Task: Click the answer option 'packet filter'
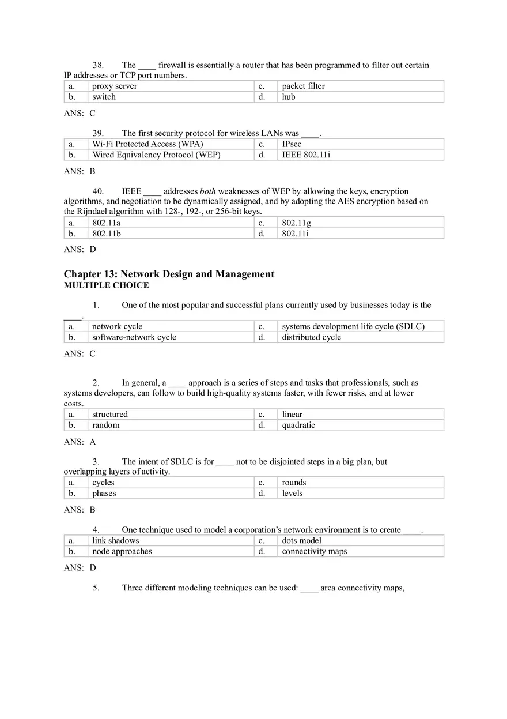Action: pos(303,86)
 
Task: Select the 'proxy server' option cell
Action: pos(115,86)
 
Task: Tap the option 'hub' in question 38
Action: pos(288,97)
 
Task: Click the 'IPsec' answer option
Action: pos(292,144)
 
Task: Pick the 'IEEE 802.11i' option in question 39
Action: pos(306,155)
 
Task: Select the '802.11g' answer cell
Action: pos(296,223)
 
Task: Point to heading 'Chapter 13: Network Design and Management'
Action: pos(169,274)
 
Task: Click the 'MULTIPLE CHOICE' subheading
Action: pos(106,285)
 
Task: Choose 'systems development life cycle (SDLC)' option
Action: pos(353,326)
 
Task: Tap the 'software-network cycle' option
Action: pos(134,337)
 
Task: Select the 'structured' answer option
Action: pos(110,414)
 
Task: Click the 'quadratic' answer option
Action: pos(298,425)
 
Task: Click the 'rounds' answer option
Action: pos(294,483)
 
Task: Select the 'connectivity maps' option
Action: pos(314,551)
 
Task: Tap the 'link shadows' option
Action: pos(115,540)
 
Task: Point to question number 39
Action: pos(98,133)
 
